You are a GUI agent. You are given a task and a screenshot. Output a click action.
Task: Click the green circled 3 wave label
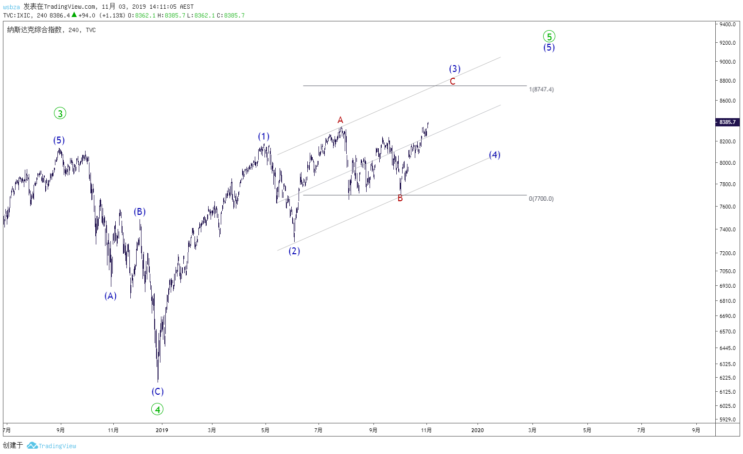60,113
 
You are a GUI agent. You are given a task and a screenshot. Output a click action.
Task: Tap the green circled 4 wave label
157,409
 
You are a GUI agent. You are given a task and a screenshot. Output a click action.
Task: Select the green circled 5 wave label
549,36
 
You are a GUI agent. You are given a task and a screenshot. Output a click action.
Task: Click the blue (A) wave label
110,296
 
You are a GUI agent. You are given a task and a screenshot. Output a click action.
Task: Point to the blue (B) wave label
140,211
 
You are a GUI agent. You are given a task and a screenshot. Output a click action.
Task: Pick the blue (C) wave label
158,391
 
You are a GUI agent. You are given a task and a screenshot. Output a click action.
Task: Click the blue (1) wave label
264,136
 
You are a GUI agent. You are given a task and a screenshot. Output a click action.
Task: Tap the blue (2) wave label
294,251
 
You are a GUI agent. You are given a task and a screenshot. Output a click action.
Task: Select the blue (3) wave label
455,69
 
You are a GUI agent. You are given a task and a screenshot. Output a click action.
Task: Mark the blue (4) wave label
495,155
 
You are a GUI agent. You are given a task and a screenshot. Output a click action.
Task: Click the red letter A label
340,120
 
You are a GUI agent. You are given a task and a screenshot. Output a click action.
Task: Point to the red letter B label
400,198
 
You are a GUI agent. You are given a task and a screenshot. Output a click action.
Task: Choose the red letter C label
452,81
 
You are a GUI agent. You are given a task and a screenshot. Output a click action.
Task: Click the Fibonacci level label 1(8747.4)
541,89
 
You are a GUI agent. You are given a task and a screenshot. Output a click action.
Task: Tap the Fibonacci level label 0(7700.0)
541,199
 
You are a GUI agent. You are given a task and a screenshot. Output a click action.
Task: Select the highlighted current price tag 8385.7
727,122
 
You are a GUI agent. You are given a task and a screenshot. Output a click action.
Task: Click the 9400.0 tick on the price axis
727,24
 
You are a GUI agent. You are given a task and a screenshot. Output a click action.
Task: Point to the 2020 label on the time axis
478,430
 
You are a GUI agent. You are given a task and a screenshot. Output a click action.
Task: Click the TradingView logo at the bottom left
52,446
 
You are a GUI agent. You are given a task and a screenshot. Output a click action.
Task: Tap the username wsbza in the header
11,7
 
